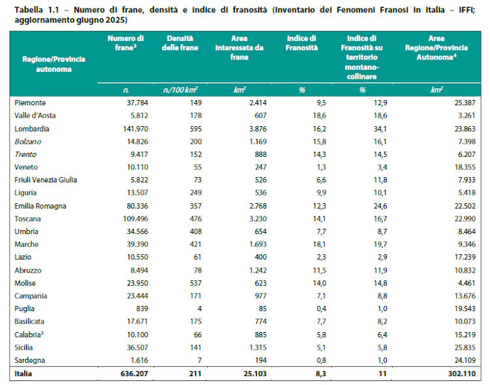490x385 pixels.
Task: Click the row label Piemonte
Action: click(x=30, y=103)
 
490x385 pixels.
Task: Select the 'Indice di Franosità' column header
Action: click(x=302, y=44)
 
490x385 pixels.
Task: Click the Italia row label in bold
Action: click(x=24, y=374)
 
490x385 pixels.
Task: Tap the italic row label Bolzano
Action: click(x=28, y=141)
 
